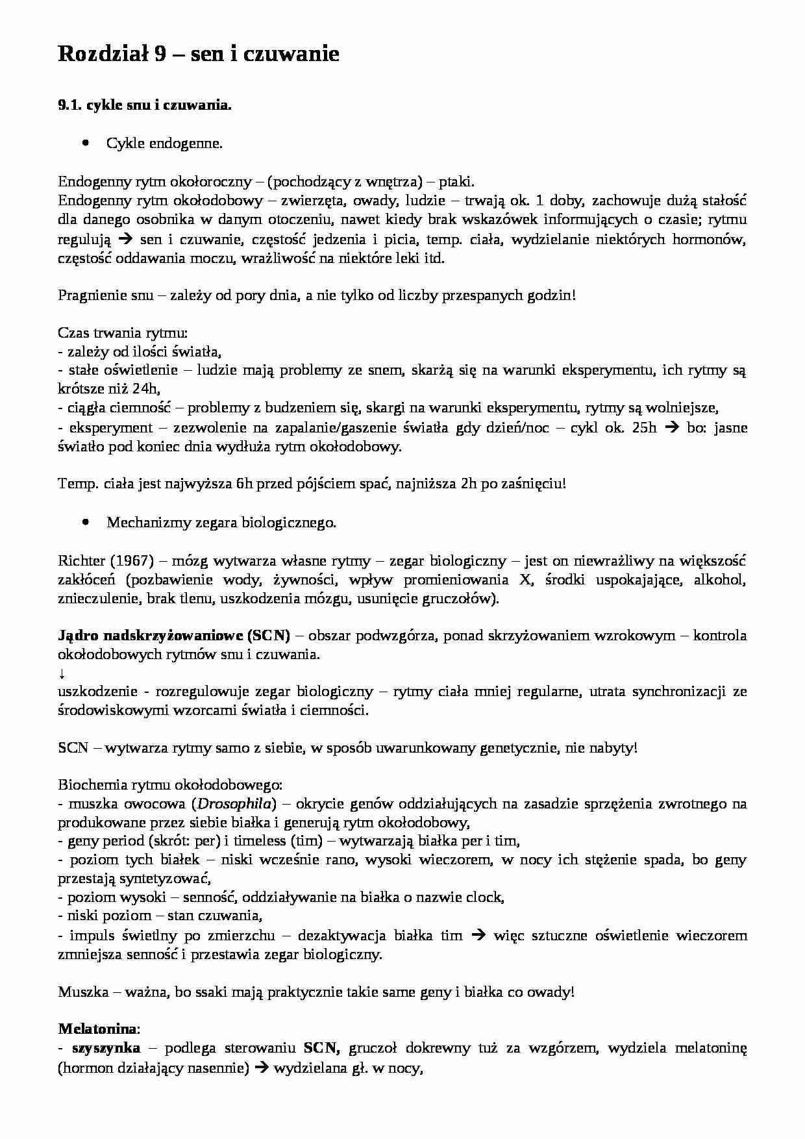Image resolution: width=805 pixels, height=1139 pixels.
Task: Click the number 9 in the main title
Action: point(162,55)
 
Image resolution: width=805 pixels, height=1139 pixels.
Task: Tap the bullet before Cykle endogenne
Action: point(87,143)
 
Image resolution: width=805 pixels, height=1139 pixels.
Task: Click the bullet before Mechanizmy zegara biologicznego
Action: point(87,521)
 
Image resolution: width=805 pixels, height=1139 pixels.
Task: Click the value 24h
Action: point(143,388)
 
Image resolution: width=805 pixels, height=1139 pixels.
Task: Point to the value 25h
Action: point(644,427)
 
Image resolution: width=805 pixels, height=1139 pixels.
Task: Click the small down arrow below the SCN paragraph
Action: point(61,672)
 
